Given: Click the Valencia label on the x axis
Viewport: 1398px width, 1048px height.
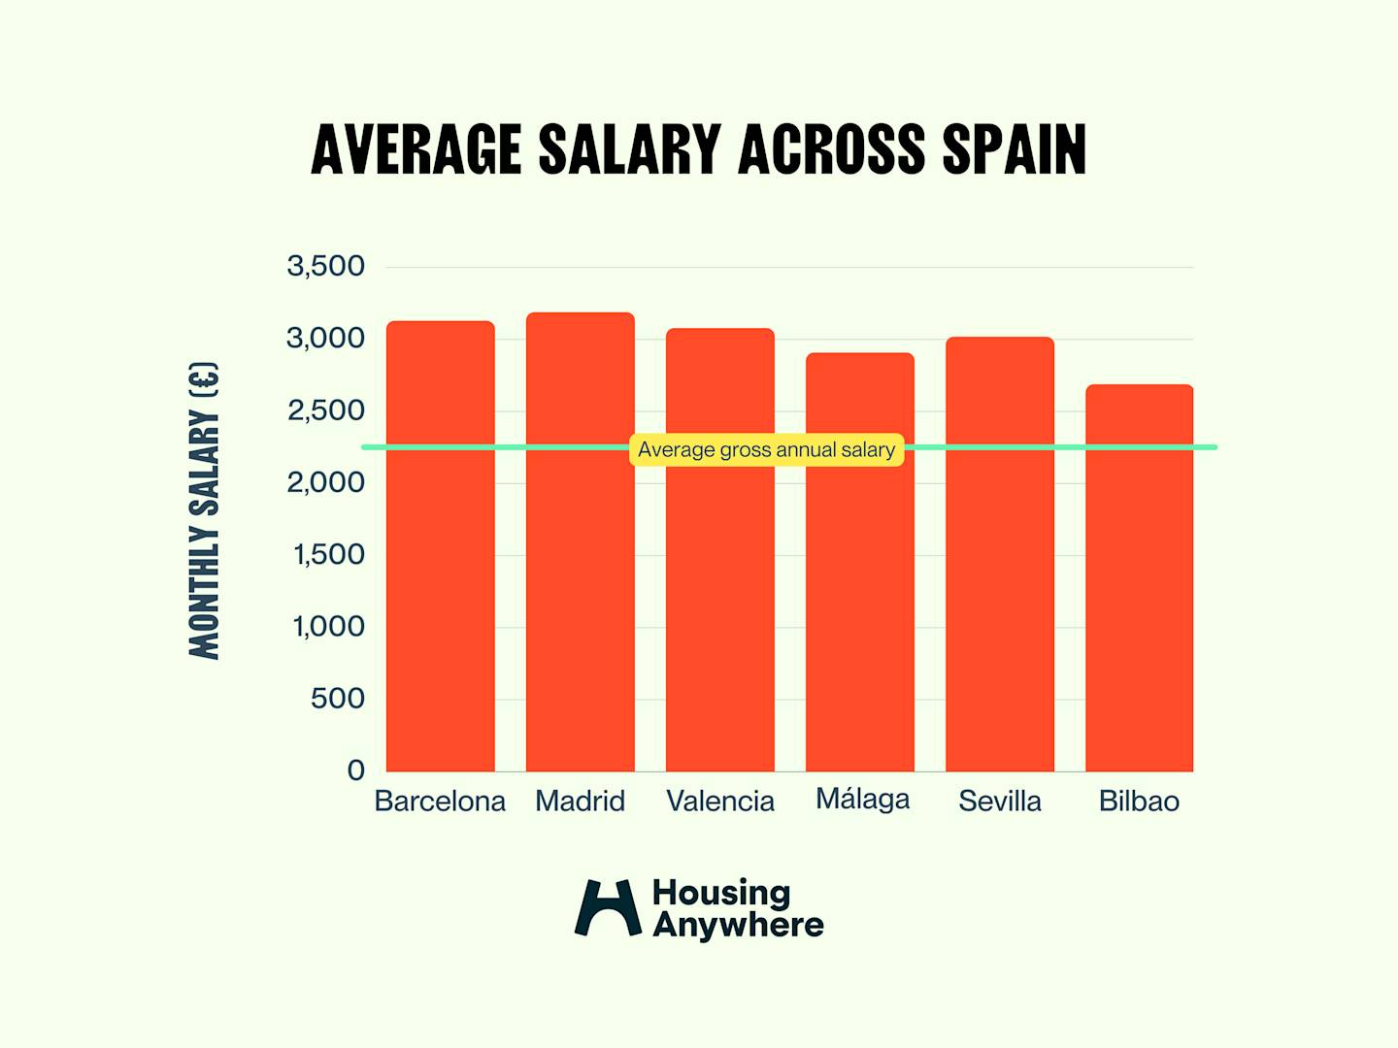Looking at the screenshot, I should [720, 802].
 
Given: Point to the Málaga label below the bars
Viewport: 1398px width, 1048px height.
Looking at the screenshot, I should [862, 800].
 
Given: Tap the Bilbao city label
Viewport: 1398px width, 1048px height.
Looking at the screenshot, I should [1139, 802].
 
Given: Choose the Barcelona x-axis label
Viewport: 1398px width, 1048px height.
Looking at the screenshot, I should [440, 802].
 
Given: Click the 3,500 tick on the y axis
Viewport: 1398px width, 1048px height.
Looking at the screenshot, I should [325, 266].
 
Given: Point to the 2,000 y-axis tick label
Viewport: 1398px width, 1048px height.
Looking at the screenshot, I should [325, 482].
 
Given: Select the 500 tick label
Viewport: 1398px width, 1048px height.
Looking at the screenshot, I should [337, 699].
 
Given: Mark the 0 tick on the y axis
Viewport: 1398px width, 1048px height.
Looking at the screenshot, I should [355, 770].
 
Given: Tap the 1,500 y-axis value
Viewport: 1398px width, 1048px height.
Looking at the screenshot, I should [328, 555].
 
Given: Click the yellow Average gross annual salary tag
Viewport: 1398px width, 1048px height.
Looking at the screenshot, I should [766, 450].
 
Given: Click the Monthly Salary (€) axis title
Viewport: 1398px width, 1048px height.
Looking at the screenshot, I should [204, 510].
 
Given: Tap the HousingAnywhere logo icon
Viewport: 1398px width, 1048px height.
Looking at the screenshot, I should [608, 908].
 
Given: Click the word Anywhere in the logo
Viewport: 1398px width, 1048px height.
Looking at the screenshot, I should [738, 926].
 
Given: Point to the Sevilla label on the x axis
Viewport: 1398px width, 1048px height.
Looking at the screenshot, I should [1000, 802].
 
